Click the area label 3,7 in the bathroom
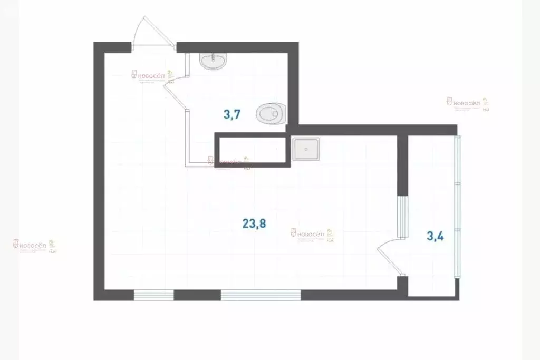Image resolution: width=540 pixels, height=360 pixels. point(232,114)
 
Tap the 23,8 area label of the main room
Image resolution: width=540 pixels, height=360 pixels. point(254,223)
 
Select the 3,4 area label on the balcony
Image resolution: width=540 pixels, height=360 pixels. point(435,236)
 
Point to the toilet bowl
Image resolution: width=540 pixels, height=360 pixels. point(272,112)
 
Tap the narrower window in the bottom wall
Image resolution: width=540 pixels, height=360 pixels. point(153,295)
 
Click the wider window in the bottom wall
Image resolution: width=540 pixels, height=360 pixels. point(261,295)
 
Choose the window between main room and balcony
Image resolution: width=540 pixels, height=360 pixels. point(402,216)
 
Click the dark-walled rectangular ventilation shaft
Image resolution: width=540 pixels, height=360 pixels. point(252,150)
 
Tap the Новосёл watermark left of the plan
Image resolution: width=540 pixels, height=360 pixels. point(34,245)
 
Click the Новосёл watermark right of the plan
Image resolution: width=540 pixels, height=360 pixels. point(467,103)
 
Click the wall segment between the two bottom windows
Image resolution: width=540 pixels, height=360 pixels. point(197,295)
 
